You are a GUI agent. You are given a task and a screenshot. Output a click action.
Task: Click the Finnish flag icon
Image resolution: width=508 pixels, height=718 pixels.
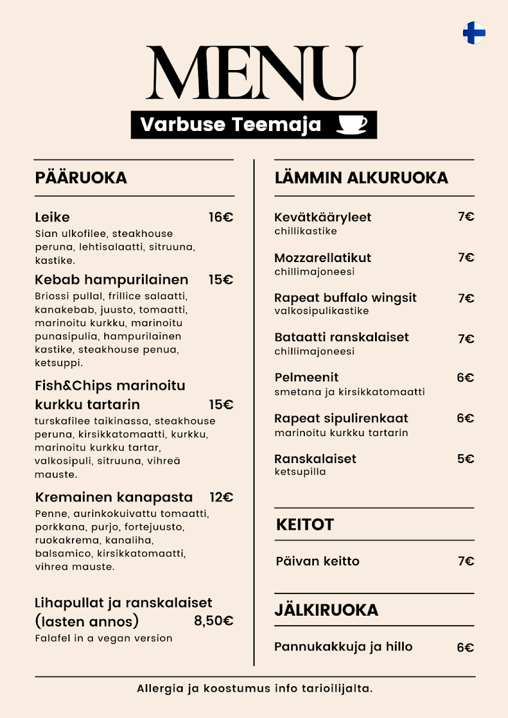pyautogui.click(x=474, y=33)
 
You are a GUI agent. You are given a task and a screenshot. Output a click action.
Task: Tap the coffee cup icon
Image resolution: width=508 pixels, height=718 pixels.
pyautogui.click(x=352, y=124)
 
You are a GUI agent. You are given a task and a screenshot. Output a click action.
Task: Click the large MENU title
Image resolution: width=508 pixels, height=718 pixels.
pyautogui.click(x=255, y=73)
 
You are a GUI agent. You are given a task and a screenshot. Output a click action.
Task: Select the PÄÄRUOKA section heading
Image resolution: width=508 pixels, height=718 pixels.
pyautogui.click(x=81, y=178)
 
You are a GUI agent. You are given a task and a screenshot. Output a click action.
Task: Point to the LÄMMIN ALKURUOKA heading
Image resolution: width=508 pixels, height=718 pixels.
pyautogui.click(x=361, y=178)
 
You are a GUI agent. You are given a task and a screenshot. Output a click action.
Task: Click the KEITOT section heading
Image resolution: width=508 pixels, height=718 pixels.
pyautogui.click(x=305, y=525)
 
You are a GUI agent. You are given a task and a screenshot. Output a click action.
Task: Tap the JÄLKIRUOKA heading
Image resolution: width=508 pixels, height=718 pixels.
pyautogui.click(x=326, y=610)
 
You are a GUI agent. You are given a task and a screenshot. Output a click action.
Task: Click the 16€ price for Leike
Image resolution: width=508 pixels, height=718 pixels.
pyautogui.click(x=221, y=217)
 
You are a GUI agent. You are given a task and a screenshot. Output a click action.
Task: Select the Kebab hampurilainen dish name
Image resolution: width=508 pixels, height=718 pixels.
pyautogui.click(x=111, y=279)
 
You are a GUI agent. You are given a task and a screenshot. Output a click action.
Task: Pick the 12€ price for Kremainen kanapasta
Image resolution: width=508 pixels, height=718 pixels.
pyautogui.click(x=221, y=497)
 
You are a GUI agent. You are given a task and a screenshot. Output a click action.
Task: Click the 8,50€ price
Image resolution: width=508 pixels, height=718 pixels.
pyautogui.click(x=213, y=621)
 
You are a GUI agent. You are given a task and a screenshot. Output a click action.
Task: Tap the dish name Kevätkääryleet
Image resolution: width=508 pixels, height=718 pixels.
pyautogui.click(x=323, y=217)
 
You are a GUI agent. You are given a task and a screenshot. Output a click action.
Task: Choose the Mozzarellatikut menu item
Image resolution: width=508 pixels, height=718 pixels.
pyautogui.click(x=323, y=258)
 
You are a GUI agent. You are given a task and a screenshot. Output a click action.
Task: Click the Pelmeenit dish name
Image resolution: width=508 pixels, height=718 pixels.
pyautogui.click(x=307, y=378)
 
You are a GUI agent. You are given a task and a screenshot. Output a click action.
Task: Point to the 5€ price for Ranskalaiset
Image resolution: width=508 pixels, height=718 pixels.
pyautogui.click(x=465, y=459)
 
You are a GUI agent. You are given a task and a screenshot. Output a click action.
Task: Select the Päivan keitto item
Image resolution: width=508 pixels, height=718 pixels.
pyautogui.click(x=317, y=561)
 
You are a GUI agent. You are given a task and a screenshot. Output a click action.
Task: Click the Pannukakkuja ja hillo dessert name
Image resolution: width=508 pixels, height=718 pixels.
pyautogui.click(x=343, y=647)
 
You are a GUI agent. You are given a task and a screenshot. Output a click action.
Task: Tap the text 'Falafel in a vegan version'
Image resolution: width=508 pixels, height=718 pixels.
pyautogui.click(x=104, y=638)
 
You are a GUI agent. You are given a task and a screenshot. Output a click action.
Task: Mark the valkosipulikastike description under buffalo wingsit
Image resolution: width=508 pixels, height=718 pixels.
pyautogui.click(x=322, y=311)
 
